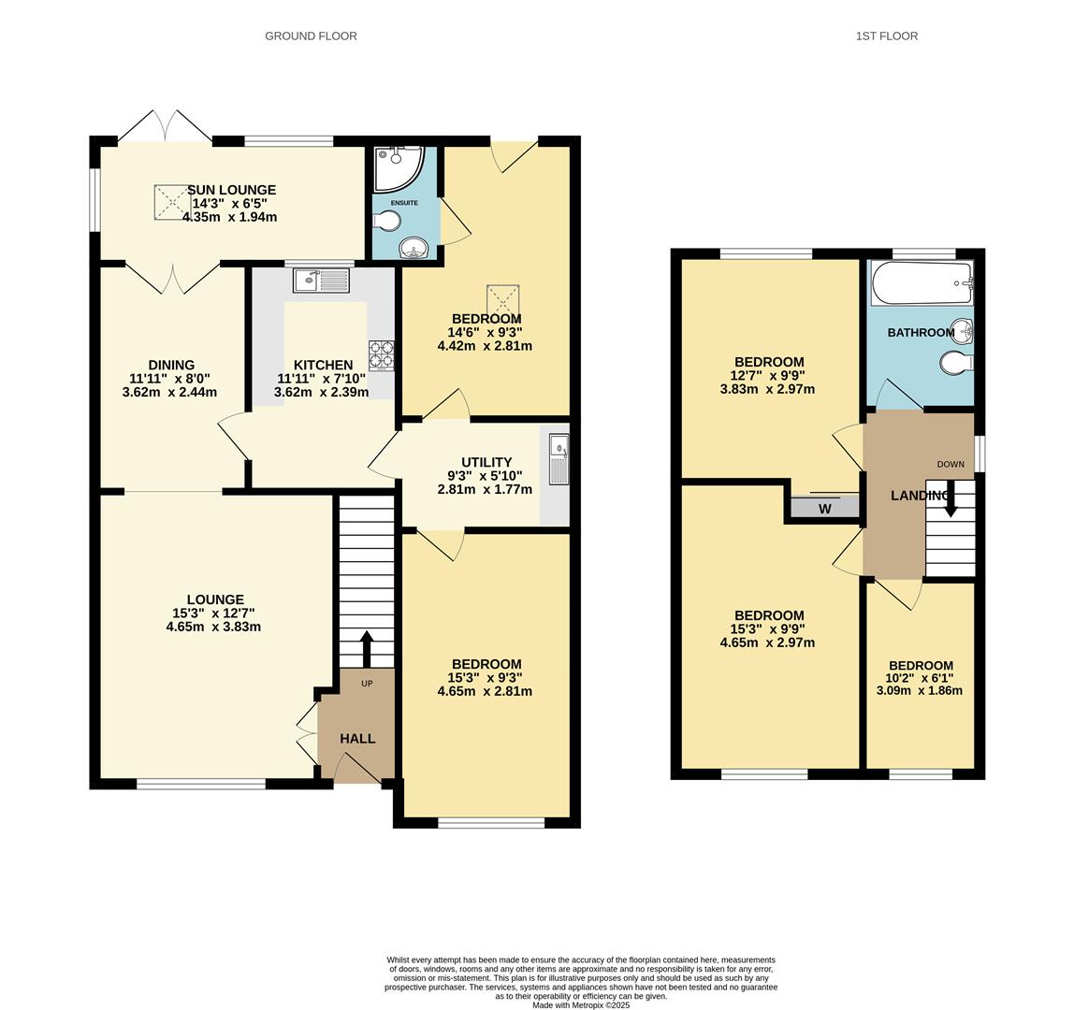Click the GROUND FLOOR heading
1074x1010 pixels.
click(311, 36)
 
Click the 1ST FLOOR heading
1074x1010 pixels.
click(886, 36)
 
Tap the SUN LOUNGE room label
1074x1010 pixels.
click(231, 190)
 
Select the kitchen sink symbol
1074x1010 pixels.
click(320, 280)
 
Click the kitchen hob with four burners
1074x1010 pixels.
click(381, 354)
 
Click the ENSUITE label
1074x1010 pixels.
click(404, 203)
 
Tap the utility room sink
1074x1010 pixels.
click(559, 458)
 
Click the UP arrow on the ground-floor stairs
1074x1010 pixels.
click(366, 648)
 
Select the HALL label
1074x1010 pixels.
click(357, 739)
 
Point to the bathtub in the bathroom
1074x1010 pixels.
click(922, 282)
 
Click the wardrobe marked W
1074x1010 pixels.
click(824, 509)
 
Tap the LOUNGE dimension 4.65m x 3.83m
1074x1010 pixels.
click(213, 627)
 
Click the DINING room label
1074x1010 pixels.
click(171, 366)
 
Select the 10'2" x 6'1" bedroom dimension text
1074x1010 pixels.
click(922, 679)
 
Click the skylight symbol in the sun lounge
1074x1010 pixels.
click(170, 201)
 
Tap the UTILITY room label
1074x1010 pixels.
click(486, 462)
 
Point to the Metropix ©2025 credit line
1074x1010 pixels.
click(581, 1005)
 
